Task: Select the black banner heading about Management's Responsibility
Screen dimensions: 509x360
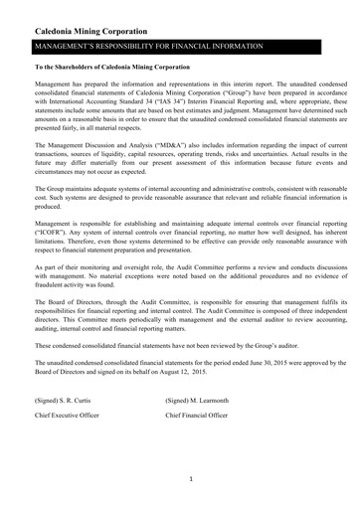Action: (149, 46)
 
